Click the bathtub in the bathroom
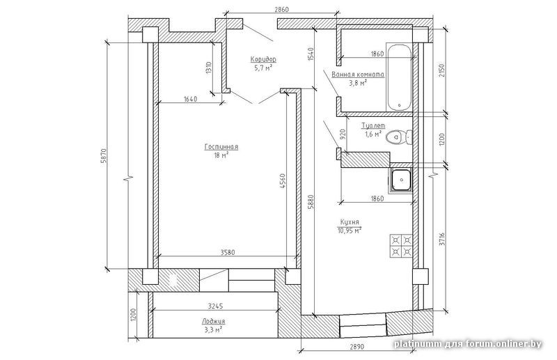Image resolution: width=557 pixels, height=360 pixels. point(399,77)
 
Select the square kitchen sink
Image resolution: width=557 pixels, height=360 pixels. point(401,180)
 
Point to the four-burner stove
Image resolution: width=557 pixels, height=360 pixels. point(401,246)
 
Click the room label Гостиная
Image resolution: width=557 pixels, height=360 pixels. point(221,147)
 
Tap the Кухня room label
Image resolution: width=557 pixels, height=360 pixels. point(350,222)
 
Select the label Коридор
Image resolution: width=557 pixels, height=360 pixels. point(263,59)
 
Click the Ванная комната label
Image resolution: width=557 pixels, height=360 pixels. point(358,75)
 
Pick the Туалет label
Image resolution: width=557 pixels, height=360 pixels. point(373,126)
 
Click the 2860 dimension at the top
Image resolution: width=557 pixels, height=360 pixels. point(282,9)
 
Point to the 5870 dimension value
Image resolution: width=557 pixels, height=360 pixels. point(103,155)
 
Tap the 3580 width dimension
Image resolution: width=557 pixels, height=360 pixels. point(228,253)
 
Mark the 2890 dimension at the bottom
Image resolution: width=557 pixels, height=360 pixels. point(357,346)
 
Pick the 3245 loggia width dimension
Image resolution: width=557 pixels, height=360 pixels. point(216,306)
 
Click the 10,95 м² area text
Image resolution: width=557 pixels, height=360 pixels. point(350,230)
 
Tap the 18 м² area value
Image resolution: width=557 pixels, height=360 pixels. point(221,155)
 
